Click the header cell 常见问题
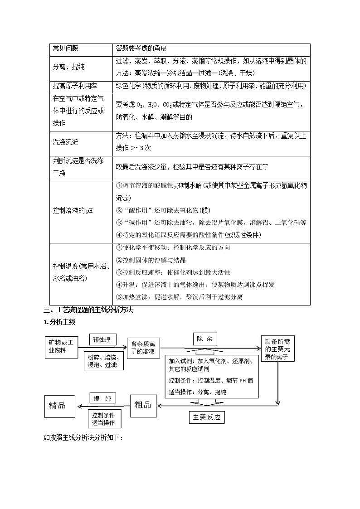(66, 48)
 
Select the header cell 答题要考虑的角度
(141, 48)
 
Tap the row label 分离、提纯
(69, 67)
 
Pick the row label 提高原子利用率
(75, 86)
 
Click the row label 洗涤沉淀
(66, 142)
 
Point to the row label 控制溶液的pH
(73, 211)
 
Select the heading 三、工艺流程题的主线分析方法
(88, 310)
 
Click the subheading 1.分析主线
(59, 322)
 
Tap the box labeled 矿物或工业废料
(60, 347)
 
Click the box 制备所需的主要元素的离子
(278, 349)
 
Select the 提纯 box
(102, 398)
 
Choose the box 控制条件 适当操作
(104, 419)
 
